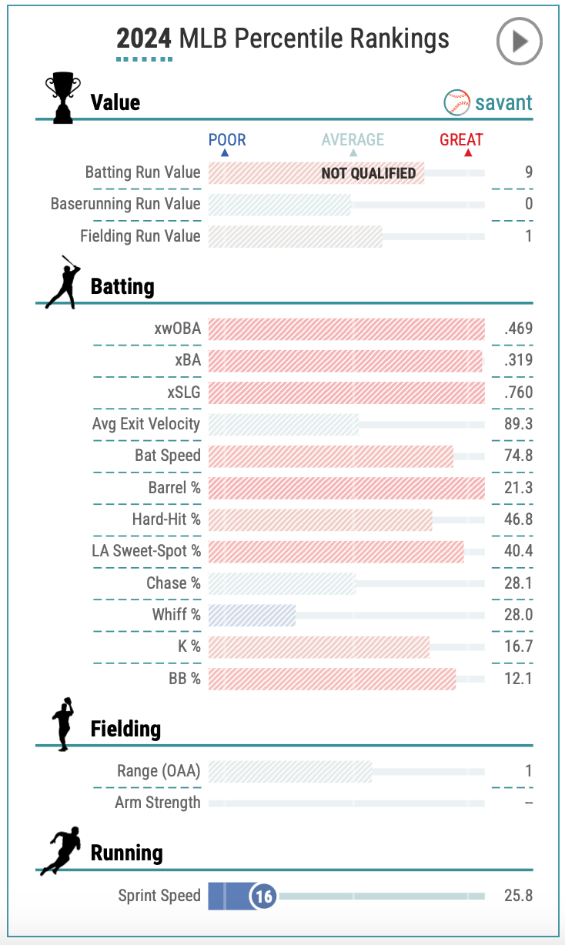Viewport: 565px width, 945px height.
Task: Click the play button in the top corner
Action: pyautogui.click(x=520, y=41)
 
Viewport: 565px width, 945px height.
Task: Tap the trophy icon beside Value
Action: pyautogui.click(x=62, y=98)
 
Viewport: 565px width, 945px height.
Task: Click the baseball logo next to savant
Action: pyautogui.click(x=457, y=102)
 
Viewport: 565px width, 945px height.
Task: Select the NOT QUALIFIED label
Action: pyautogui.click(x=368, y=172)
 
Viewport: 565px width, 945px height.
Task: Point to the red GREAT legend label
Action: pyautogui.click(x=461, y=140)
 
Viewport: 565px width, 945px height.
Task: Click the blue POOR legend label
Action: pyautogui.click(x=227, y=140)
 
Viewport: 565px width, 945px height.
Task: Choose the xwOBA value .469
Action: pyautogui.click(x=519, y=329)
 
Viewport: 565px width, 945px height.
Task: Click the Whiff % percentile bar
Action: pyautogui.click(x=252, y=615)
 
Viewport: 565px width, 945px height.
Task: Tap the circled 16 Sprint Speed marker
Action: pyautogui.click(x=263, y=896)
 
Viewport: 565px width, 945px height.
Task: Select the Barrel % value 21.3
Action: pyautogui.click(x=519, y=488)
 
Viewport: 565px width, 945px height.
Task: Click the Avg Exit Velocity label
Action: pyautogui.click(x=146, y=424)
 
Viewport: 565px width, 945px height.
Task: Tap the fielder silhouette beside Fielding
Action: pyautogui.click(x=62, y=724)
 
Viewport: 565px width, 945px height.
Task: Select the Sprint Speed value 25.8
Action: pyautogui.click(x=519, y=896)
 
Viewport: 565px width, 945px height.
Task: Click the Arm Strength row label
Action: pyautogui.click(x=158, y=803)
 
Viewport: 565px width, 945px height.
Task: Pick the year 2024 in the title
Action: pyautogui.click(x=144, y=38)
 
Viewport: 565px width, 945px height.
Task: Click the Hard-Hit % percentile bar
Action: pyautogui.click(x=319, y=519)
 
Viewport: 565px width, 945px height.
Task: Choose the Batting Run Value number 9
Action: pyautogui.click(x=529, y=172)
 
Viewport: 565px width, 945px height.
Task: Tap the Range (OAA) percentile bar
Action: pyautogui.click(x=289, y=771)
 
